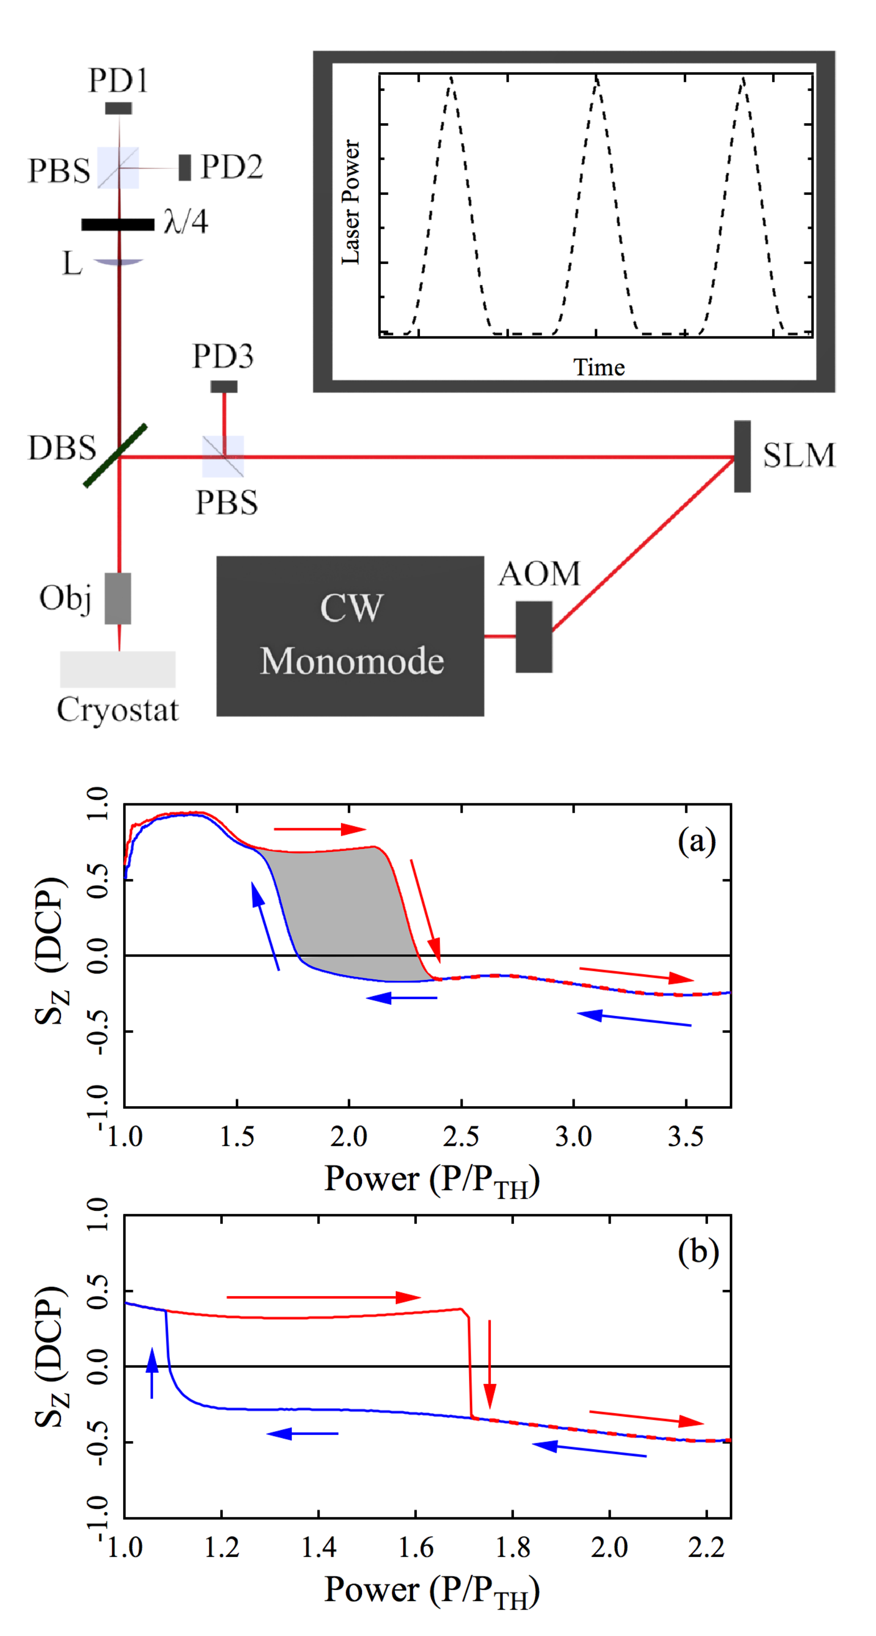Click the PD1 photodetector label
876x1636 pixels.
point(118,81)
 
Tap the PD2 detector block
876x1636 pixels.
point(185,167)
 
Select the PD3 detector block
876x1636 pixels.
point(224,386)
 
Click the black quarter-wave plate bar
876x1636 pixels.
point(118,224)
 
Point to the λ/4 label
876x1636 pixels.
point(185,222)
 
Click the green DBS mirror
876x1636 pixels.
point(116,455)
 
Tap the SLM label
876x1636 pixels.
point(798,455)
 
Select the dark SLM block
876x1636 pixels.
point(742,456)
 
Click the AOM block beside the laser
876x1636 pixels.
point(534,636)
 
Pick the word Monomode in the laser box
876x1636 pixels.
point(352,661)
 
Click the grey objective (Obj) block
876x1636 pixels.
point(118,598)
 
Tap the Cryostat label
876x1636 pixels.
point(118,709)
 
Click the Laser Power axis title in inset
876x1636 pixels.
point(351,202)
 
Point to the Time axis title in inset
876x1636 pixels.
point(599,367)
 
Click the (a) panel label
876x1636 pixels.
point(696,841)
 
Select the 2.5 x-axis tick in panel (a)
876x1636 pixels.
point(461,1136)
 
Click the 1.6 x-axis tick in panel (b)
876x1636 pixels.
point(416,1547)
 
